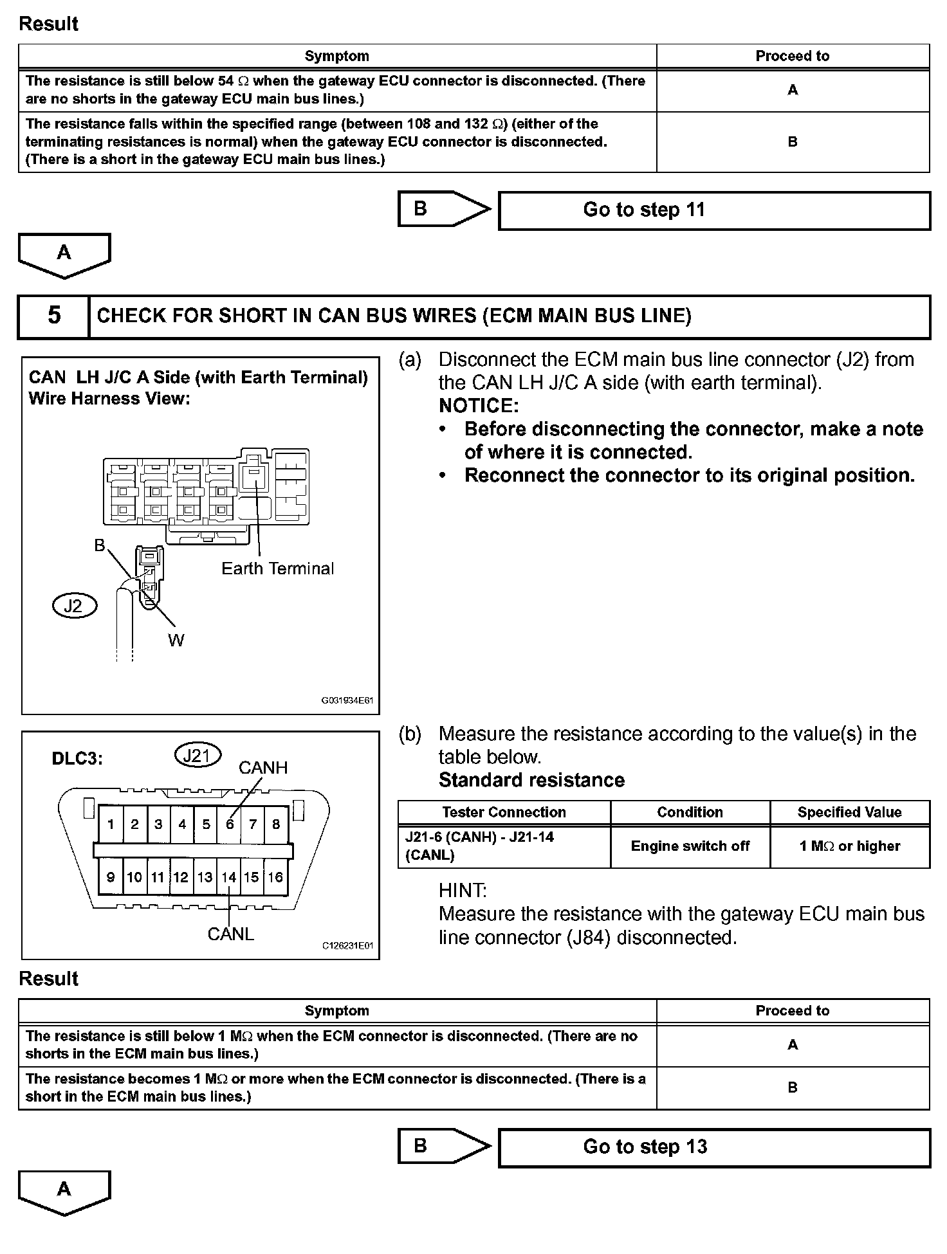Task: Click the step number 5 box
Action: coord(54,316)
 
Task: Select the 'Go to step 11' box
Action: coord(714,210)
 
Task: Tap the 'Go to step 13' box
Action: coord(714,1147)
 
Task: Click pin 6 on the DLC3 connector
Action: coord(229,824)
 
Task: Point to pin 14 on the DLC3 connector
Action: coord(228,877)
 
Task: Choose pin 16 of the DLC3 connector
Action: coord(275,877)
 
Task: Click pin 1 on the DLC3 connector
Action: coord(111,824)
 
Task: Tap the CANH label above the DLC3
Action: coord(262,768)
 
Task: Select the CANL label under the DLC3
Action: coord(230,934)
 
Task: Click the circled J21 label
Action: coord(198,756)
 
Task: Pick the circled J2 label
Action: coord(74,606)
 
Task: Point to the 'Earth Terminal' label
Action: coord(277,568)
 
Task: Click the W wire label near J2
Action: coord(176,640)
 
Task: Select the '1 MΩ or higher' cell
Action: coord(849,846)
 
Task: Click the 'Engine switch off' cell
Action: coord(690,846)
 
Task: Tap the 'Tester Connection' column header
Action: coord(504,812)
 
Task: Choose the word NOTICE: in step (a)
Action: coord(478,406)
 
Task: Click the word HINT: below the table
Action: coord(463,891)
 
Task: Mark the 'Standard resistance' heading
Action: coord(531,780)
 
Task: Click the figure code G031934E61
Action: coord(347,700)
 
